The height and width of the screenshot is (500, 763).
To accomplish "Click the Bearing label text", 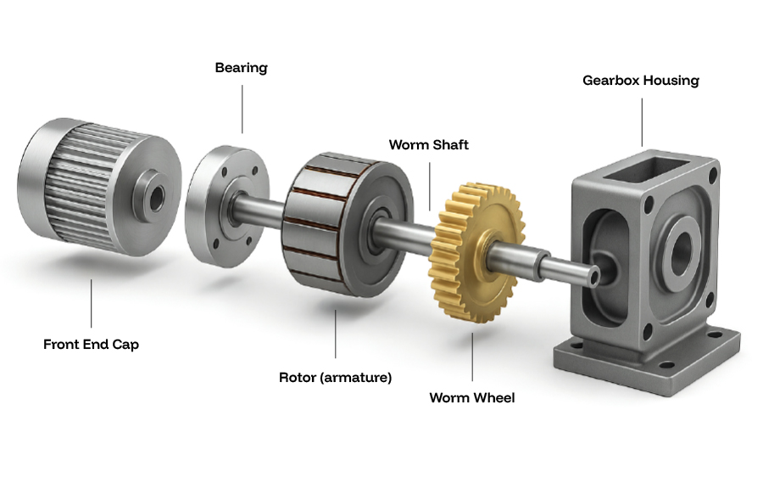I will pos(241,68).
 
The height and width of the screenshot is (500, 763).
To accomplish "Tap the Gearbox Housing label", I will pos(641,81).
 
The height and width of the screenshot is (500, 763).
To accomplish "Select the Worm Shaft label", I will pos(428,145).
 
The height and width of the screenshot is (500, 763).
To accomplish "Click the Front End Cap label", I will pos(91,345).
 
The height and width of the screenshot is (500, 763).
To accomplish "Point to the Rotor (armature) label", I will pos(335,377).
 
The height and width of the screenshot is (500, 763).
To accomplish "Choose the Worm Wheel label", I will pos(471,397).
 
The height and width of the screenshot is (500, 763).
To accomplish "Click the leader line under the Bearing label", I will pos(242,107).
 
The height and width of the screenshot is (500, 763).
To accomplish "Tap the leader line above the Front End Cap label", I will pos(91,306).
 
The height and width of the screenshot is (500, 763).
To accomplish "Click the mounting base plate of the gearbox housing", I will pos(644,361).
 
